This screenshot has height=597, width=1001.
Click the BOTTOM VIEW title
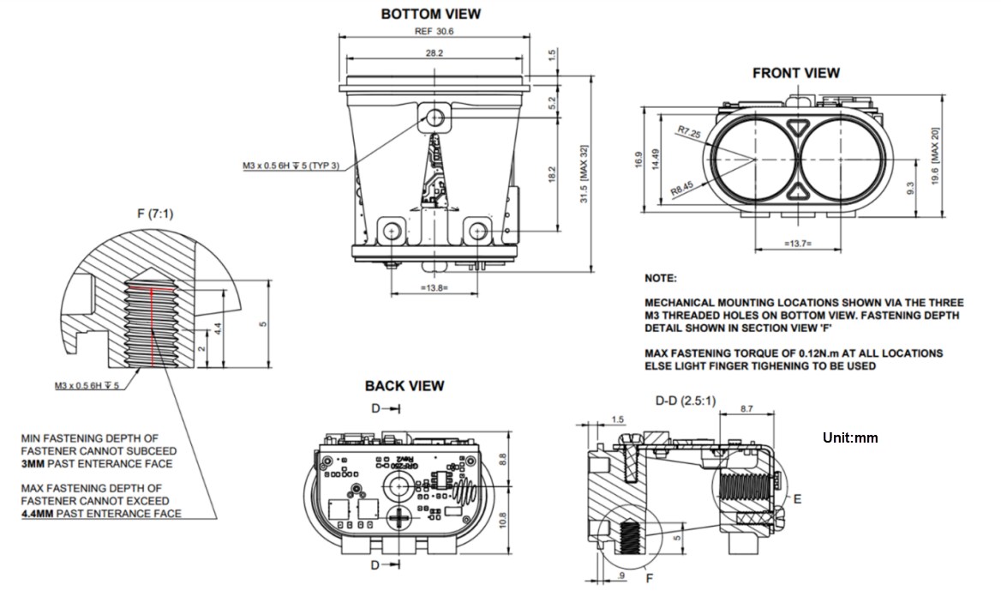pyautogui.click(x=430, y=14)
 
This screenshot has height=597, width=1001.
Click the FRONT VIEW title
pyautogui.click(x=795, y=73)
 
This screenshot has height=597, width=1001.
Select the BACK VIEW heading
pyautogui.click(x=405, y=386)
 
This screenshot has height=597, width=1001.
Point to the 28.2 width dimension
pyautogui.click(x=435, y=52)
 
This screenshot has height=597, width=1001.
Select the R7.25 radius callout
pyautogui.click(x=688, y=132)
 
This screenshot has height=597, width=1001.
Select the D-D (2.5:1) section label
pyautogui.click(x=685, y=401)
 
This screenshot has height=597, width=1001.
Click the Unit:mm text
pyautogui.click(x=850, y=437)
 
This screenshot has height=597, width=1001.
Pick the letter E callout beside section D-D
pyautogui.click(x=797, y=497)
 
